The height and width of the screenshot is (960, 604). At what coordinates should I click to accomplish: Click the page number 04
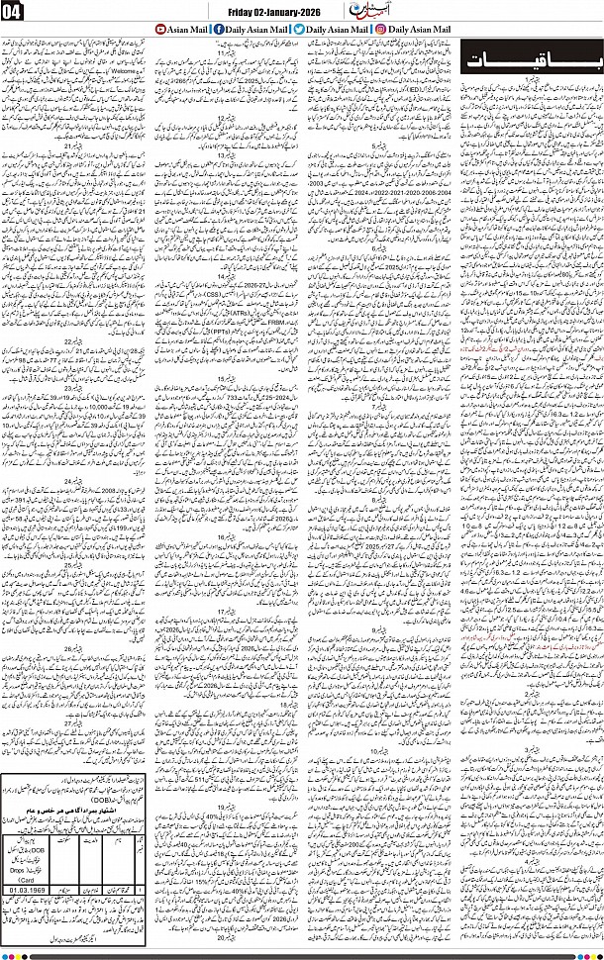(x=17, y=11)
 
